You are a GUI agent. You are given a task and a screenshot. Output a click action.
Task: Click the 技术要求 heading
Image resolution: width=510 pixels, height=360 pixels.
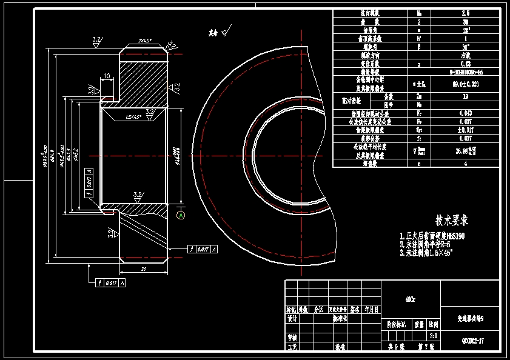(x=452, y=219)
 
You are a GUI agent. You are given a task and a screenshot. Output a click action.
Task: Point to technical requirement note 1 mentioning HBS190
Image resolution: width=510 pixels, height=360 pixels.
(x=435, y=236)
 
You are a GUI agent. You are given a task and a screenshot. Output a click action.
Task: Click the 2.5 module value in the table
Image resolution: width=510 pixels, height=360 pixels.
(x=465, y=13)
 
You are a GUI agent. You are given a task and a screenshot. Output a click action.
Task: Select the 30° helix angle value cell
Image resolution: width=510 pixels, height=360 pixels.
(x=465, y=46)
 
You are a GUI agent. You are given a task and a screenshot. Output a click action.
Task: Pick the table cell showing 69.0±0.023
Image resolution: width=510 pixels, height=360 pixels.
(x=465, y=84)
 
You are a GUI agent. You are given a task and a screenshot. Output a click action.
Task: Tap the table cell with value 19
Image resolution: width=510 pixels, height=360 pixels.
(x=465, y=96)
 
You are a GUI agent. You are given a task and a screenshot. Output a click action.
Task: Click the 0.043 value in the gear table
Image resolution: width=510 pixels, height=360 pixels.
(x=465, y=113)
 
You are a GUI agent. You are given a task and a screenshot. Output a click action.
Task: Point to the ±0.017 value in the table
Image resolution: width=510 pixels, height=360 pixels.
(x=465, y=129)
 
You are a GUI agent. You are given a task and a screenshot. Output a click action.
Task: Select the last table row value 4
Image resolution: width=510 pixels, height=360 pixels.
(x=465, y=163)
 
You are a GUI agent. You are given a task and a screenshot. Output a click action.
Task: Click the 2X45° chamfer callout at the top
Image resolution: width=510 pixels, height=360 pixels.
(x=144, y=41)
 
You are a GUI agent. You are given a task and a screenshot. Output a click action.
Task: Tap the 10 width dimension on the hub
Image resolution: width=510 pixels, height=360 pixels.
(x=107, y=76)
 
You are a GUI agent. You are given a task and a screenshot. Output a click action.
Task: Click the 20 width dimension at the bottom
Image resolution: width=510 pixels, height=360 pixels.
(x=143, y=268)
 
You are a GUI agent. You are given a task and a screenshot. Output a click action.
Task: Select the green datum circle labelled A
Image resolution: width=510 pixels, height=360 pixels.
(x=181, y=215)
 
